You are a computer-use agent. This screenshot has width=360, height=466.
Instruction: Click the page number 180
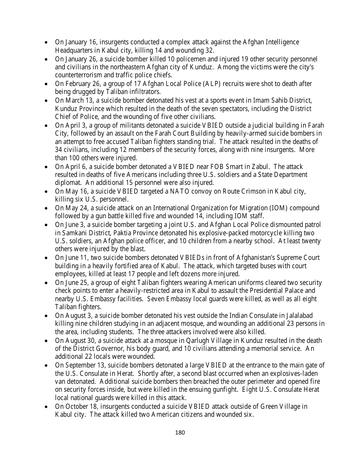coord(180,433)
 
